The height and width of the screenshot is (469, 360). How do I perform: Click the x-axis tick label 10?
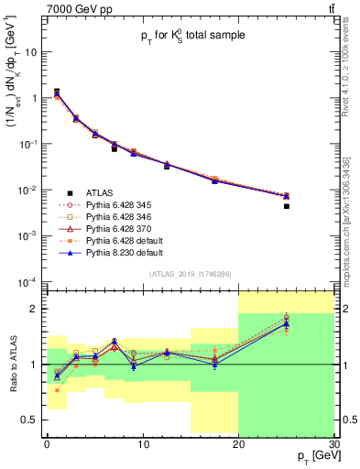(x=142, y=443)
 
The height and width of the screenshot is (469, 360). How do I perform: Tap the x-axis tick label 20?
(x=238, y=443)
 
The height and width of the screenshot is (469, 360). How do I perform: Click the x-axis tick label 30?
(x=333, y=443)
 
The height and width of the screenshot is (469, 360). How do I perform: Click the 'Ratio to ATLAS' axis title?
(x=12, y=364)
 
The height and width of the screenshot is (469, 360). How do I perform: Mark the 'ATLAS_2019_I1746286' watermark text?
(x=190, y=273)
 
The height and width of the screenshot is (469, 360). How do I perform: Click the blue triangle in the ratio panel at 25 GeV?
(x=286, y=324)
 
